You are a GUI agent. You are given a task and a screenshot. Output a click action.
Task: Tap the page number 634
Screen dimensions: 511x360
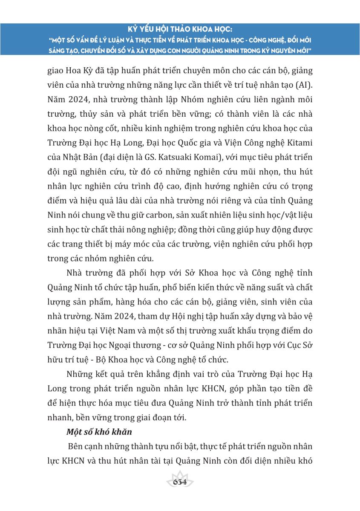[180, 482]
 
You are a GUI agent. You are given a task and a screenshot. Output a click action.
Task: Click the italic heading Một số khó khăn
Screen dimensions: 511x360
[99, 431]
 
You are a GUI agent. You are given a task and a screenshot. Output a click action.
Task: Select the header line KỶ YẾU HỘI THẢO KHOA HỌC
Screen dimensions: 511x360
[180, 30]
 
